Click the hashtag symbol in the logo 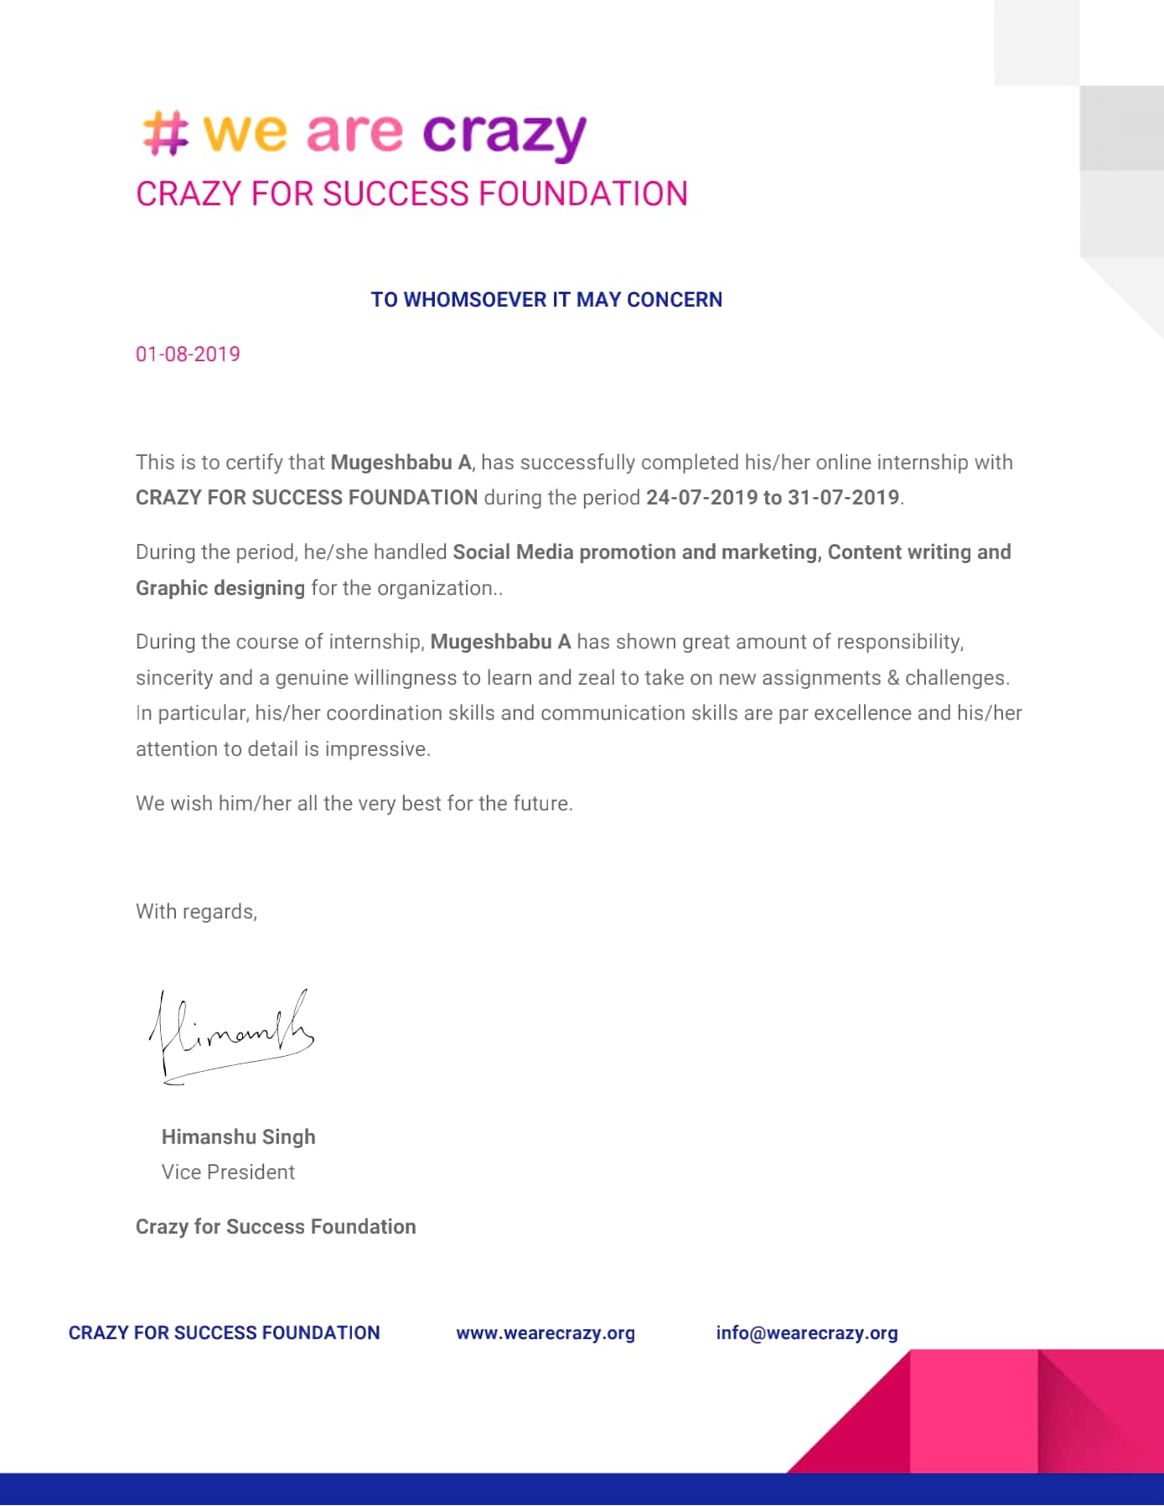[x=165, y=133]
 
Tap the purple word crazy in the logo [x=504, y=134]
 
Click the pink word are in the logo [x=354, y=133]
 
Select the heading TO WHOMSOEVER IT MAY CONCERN [x=546, y=300]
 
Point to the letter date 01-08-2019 [x=188, y=355]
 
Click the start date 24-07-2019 [x=701, y=498]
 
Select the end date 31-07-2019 [x=843, y=498]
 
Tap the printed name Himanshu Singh [x=238, y=1137]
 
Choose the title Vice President [x=228, y=1172]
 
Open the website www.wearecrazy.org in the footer [x=546, y=1333]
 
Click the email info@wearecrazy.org [x=806, y=1333]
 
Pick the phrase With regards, [x=196, y=912]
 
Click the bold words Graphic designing [x=220, y=588]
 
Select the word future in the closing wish [x=541, y=804]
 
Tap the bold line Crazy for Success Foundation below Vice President [x=276, y=1227]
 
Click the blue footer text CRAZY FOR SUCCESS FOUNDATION [x=224, y=1333]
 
